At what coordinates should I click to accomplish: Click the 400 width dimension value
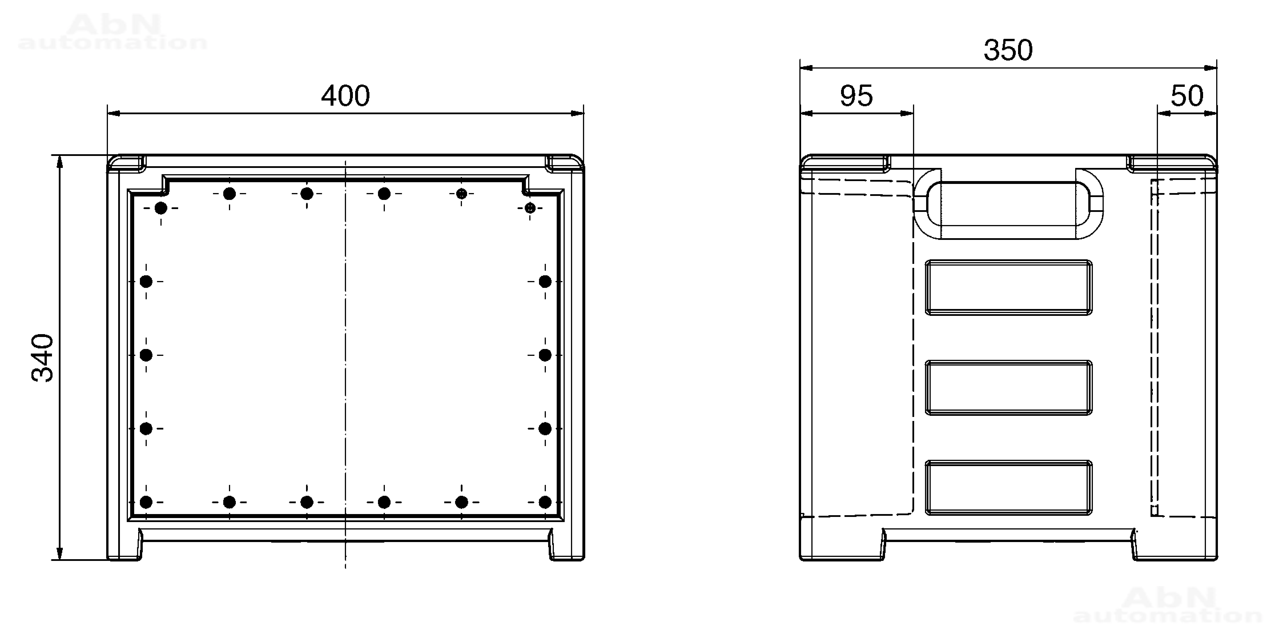point(346,96)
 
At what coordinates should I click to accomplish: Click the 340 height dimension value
point(42,357)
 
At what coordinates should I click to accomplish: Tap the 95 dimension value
point(856,96)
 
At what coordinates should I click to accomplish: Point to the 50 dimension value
point(1187,96)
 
